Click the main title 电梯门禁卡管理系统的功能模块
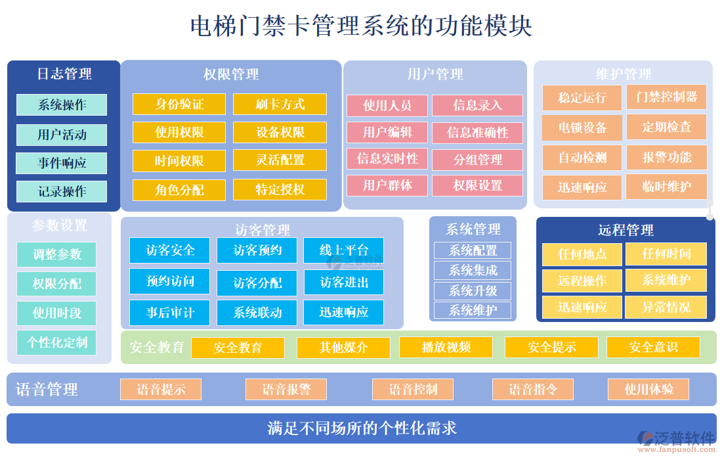[361, 26]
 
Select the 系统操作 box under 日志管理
[62, 104]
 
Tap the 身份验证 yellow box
[179, 104]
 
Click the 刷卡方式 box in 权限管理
[280, 104]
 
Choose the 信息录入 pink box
[477, 105]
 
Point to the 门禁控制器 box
[666, 97]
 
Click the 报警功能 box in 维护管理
[666, 157]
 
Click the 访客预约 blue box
[258, 250]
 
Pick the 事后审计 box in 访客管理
[169, 312]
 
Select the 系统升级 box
[473, 290]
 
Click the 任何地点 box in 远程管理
[582, 254]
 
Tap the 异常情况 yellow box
[666, 307]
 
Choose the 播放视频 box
[446, 347]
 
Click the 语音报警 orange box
[286, 389]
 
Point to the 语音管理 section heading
[47, 390]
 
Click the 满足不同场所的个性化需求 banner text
[362, 428]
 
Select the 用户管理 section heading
[435, 74]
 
